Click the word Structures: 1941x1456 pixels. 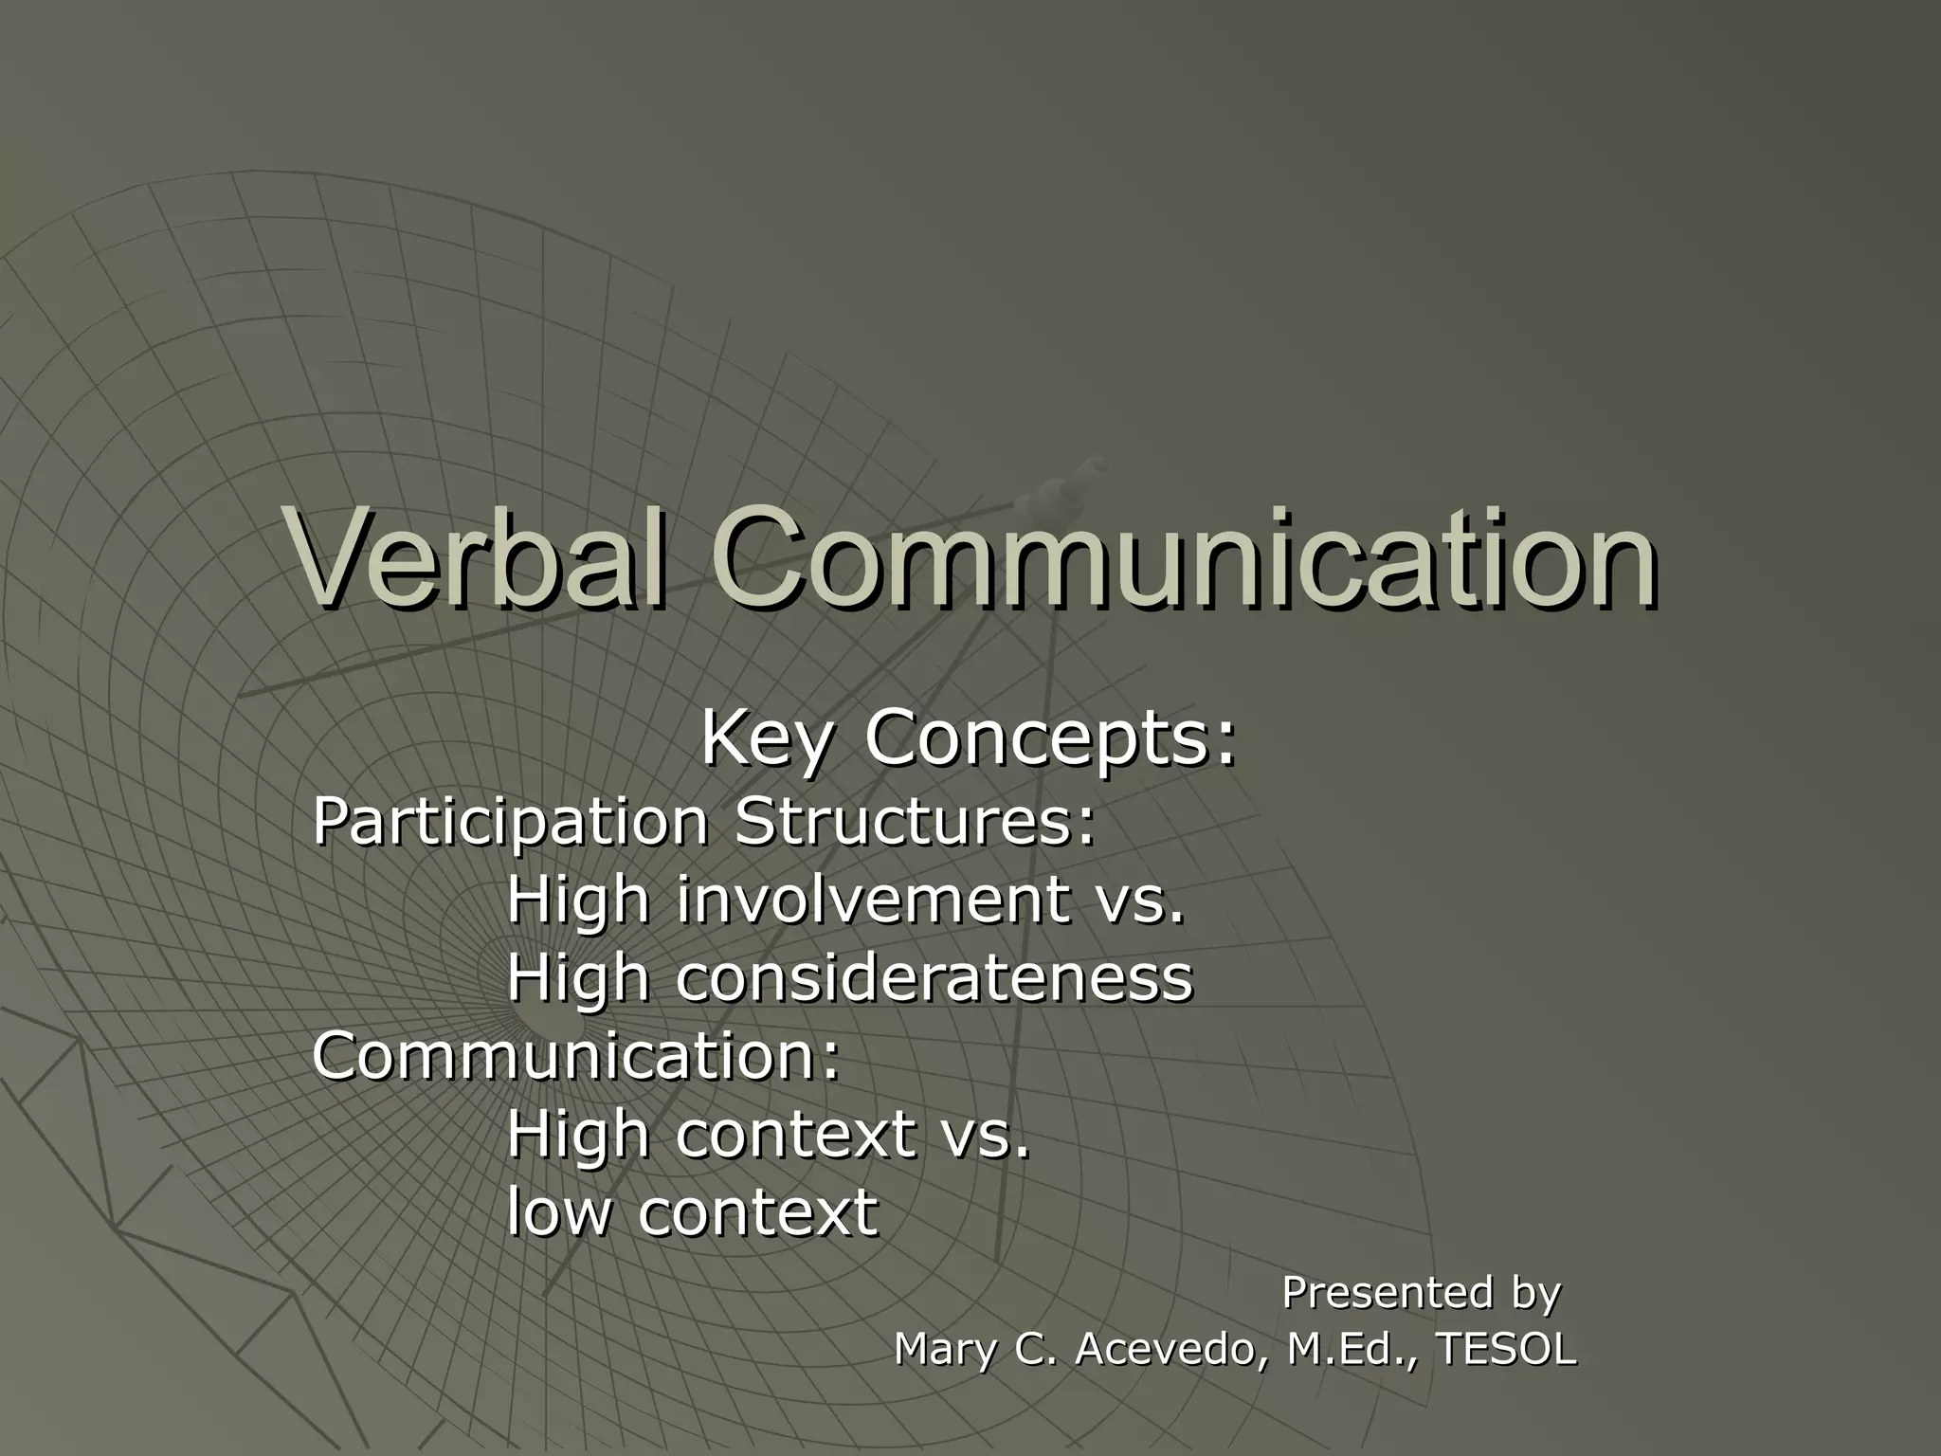[915, 821]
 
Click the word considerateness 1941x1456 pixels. [934, 977]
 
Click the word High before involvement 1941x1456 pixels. [578, 901]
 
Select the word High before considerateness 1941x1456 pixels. [578, 979]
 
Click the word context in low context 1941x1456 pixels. [757, 1211]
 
